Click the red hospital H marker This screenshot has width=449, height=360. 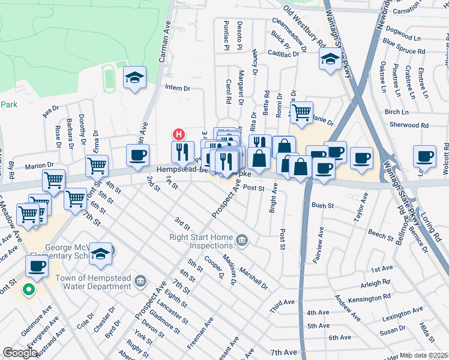tap(178, 134)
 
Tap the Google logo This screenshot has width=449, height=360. tap(20, 353)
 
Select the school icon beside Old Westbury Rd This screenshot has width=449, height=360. tap(330, 59)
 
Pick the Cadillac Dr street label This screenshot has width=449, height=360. tap(283, 54)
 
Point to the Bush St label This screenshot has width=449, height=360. tap(322, 205)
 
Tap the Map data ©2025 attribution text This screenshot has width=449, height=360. tap(424, 355)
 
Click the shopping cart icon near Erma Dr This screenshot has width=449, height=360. tap(97, 165)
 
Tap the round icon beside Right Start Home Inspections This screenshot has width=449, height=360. tap(241, 241)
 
